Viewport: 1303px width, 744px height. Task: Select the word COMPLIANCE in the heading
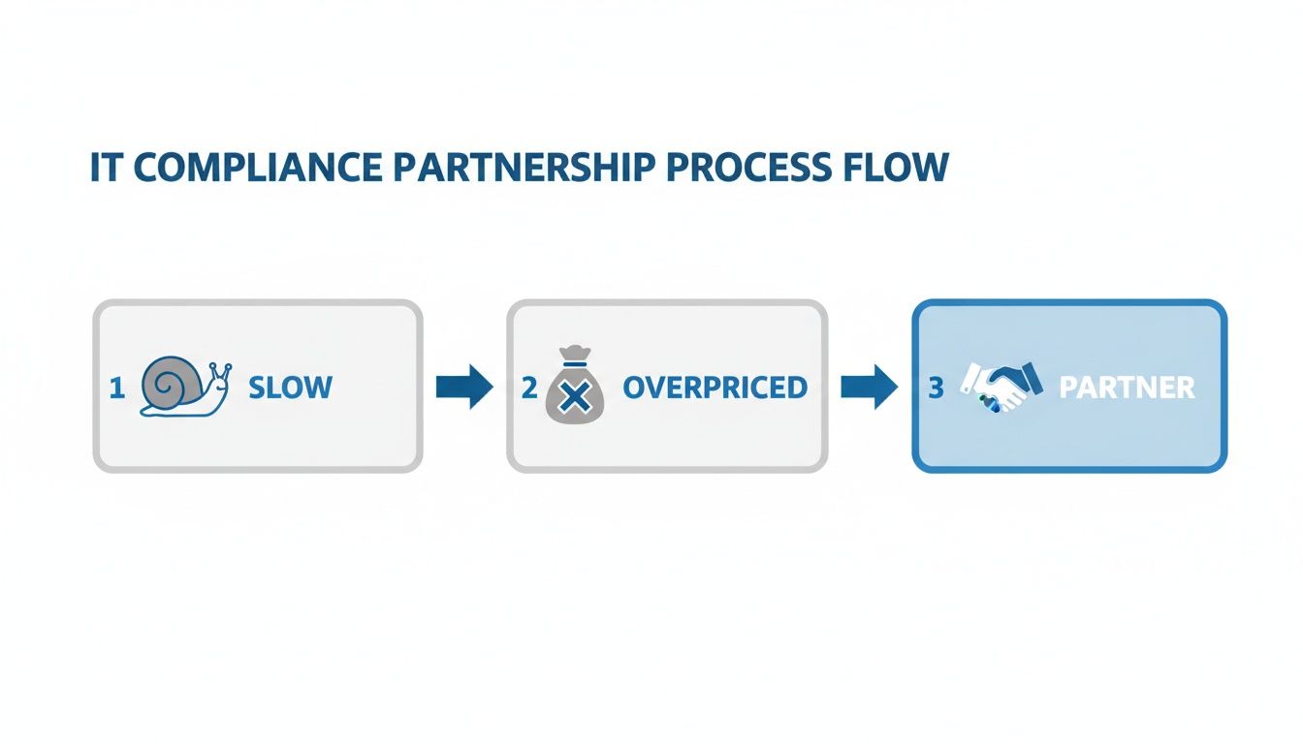(259, 168)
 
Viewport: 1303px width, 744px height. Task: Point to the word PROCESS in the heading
(743, 168)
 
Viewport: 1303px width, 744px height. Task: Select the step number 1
(117, 388)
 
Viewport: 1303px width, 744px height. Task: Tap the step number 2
(528, 388)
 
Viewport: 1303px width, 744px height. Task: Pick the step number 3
(936, 388)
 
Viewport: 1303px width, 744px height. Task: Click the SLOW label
(290, 388)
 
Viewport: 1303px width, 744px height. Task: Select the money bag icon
(574, 388)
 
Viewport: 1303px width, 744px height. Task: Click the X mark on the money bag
(575, 396)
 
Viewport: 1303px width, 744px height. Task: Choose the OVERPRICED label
(715, 388)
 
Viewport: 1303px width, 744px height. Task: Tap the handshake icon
(1001, 387)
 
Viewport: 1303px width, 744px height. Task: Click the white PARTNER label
(1127, 388)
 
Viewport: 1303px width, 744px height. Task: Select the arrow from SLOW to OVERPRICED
(464, 387)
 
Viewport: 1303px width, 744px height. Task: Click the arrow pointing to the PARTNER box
(869, 387)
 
